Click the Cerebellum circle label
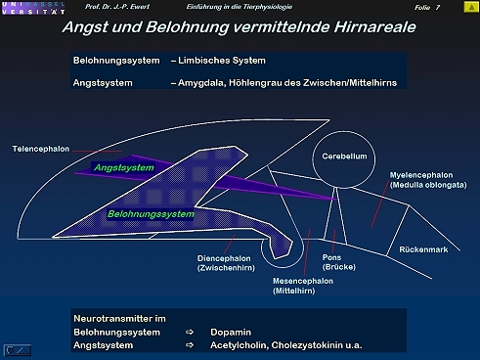coord(344,157)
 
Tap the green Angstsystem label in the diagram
coord(124,167)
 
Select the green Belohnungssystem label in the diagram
coord(151,214)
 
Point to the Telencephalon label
coord(41,149)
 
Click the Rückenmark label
coord(423,249)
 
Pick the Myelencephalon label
coord(421,175)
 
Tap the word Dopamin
coord(231,333)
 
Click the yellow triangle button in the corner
coord(471,7)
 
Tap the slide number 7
coord(438,7)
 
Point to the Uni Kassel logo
coord(33,8)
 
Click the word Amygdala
coord(202,83)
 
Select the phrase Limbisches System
coord(222,61)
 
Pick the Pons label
coord(331,257)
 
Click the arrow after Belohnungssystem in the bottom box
coord(190,333)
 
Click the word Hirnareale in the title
coord(374,27)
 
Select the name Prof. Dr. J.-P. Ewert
coord(117,7)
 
